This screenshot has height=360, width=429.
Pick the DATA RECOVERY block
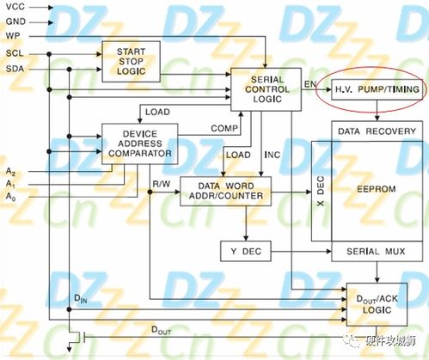[x=377, y=132]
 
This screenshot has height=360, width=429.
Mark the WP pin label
[x=14, y=36]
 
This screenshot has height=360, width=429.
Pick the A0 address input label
[x=11, y=198]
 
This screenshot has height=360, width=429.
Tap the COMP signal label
[x=224, y=128]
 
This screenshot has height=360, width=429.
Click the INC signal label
[x=272, y=156]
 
